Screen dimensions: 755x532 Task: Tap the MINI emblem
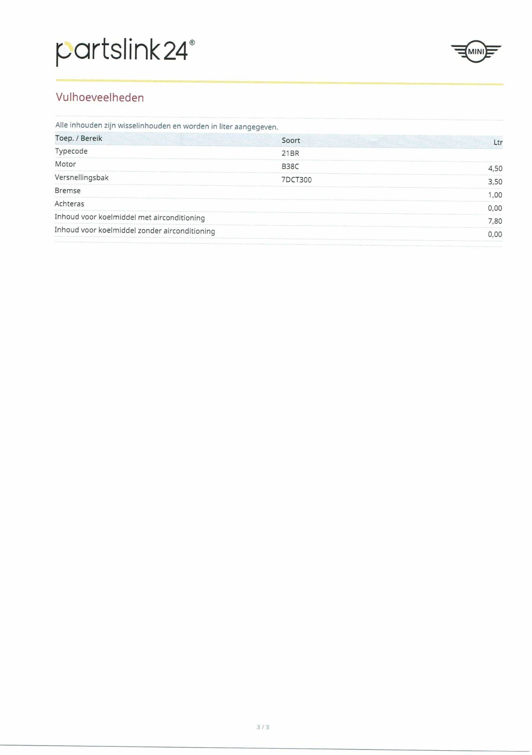pyautogui.click(x=475, y=52)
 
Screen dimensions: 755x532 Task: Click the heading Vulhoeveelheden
pyautogui.click(x=100, y=98)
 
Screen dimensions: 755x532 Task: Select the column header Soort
pyautogui.click(x=291, y=140)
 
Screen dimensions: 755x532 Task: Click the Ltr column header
pyautogui.click(x=497, y=142)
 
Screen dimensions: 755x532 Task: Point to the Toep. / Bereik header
pyautogui.click(x=79, y=139)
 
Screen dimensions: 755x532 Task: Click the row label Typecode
pyautogui.click(x=71, y=151)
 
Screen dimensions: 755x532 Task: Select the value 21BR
pyautogui.click(x=290, y=153)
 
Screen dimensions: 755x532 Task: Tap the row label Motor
pyautogui.click(x=65, y=164)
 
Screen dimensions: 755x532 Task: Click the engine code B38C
pyautogui.click(x=290, y=167)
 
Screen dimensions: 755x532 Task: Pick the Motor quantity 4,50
pyautogui.click(x=495, y=169)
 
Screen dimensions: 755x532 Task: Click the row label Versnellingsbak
pyautogui.click(x=81, y=178)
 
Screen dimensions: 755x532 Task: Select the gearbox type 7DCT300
pyautogui.click(x=296, y=180)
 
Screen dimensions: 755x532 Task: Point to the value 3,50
pyautogui.click(x=495, y=182)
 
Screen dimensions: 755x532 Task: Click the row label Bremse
pyautogui.click(x=67, y=191)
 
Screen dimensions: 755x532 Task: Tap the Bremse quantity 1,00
pyautogui.click(x=495, y=195)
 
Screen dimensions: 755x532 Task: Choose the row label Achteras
pyautogui.click(x=69, y=204)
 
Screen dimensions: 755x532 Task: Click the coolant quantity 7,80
pyautogui.click(x=495, y=221)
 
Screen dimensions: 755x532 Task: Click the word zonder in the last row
pyautogui.click(x=149, y=231)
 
